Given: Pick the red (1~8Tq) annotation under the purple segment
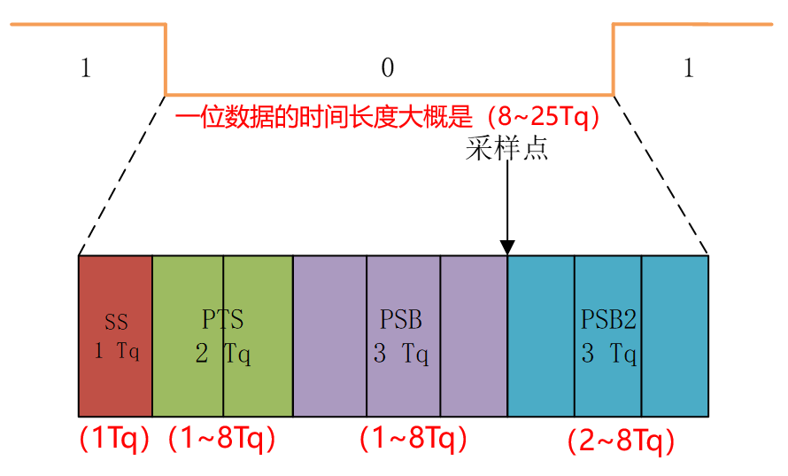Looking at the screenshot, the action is [413, 438].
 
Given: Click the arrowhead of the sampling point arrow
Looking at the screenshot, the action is [507, 247].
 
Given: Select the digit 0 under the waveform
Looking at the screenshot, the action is [387, 68].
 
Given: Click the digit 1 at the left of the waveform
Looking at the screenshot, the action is [85, 68].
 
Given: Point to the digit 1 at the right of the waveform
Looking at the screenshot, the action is [689, 68].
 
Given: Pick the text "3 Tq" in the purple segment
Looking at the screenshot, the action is [400, 355].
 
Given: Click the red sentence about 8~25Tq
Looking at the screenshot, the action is [388, 118].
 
